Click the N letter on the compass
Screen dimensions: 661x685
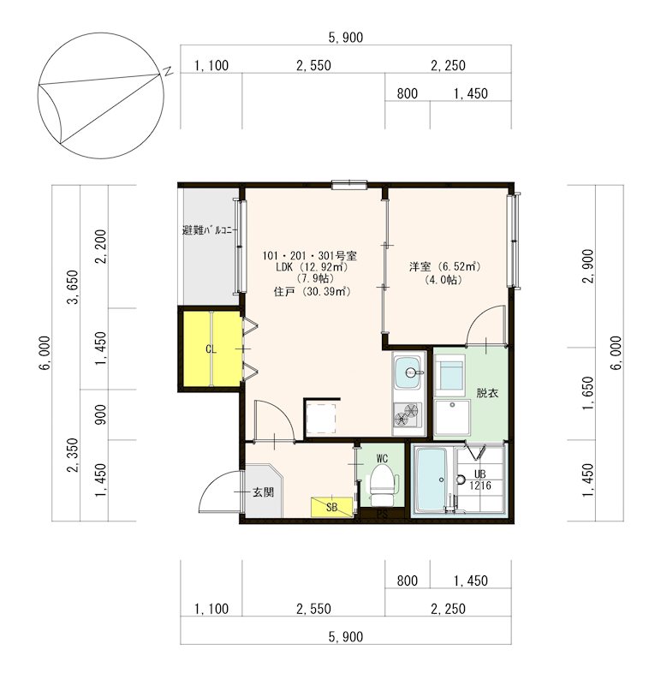coord(168,71)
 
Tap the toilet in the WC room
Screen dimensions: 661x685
coord(382,484)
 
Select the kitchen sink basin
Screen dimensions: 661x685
coord(408,372)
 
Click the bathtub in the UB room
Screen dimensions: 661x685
coord(431,479)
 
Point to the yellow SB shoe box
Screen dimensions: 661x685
coord(331,507)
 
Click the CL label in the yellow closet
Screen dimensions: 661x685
coord(211,349)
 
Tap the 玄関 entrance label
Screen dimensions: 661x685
coord(264,492)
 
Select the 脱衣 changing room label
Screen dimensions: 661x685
coord(487,393)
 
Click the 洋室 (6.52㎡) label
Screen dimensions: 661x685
coord(444,266)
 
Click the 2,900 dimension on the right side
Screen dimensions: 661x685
coord(588,266)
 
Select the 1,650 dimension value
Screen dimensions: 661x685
coord(588,393)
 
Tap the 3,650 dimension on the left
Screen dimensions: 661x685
coord(74,287)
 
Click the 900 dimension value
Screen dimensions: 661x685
coord(101,414)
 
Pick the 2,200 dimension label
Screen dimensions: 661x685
coord(101,247)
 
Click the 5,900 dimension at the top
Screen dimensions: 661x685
coord(346,38)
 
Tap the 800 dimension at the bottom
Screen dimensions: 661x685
coord(408,581)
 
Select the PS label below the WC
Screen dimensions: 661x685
coord(382,515)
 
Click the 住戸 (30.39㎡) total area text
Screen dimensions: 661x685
coord(312,291)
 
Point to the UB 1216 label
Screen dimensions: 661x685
coord(480,479)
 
